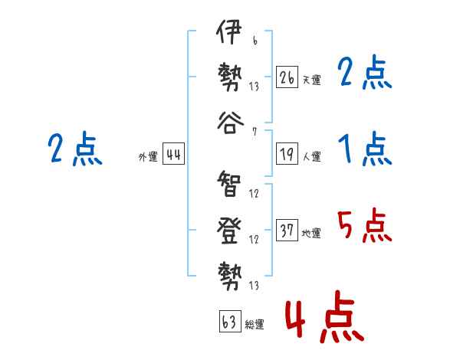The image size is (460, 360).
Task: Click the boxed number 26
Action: pos(287,78)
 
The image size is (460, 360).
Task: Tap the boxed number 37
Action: pos(287,231)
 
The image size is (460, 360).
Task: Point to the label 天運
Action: pos(311,80)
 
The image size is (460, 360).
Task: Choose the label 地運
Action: pos(311,233)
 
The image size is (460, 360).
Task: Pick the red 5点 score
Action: pos(364,225)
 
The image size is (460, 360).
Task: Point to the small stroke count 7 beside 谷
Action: pos(254,131)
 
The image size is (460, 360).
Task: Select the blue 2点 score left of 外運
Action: pos(74,149)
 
